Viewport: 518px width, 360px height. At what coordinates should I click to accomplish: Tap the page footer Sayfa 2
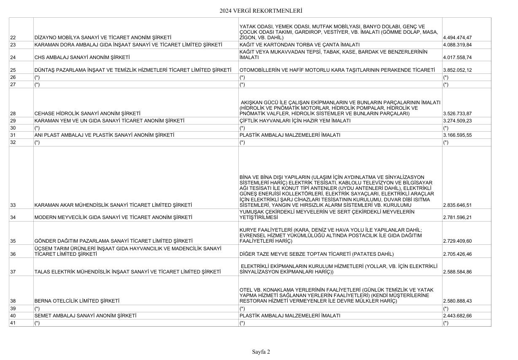261,351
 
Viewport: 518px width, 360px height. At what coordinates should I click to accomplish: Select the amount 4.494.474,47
458,38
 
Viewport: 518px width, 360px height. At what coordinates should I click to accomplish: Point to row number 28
13,114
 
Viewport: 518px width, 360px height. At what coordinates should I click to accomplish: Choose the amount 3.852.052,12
458,70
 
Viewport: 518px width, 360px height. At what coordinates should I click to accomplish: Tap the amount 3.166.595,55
458,135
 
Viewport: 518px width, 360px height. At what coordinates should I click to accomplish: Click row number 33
13,206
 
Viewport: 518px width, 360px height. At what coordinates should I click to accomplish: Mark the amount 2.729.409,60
458,241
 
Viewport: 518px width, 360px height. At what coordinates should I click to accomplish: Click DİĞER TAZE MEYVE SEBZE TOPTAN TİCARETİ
316,254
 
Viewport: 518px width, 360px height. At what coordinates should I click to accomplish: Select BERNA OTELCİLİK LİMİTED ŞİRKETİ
77,301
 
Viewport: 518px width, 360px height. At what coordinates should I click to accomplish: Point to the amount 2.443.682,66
458,316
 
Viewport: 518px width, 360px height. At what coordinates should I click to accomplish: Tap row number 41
13,323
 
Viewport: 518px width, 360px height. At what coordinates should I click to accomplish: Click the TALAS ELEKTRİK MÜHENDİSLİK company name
127,272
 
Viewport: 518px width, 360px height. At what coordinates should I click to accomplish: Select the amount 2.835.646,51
458,206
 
